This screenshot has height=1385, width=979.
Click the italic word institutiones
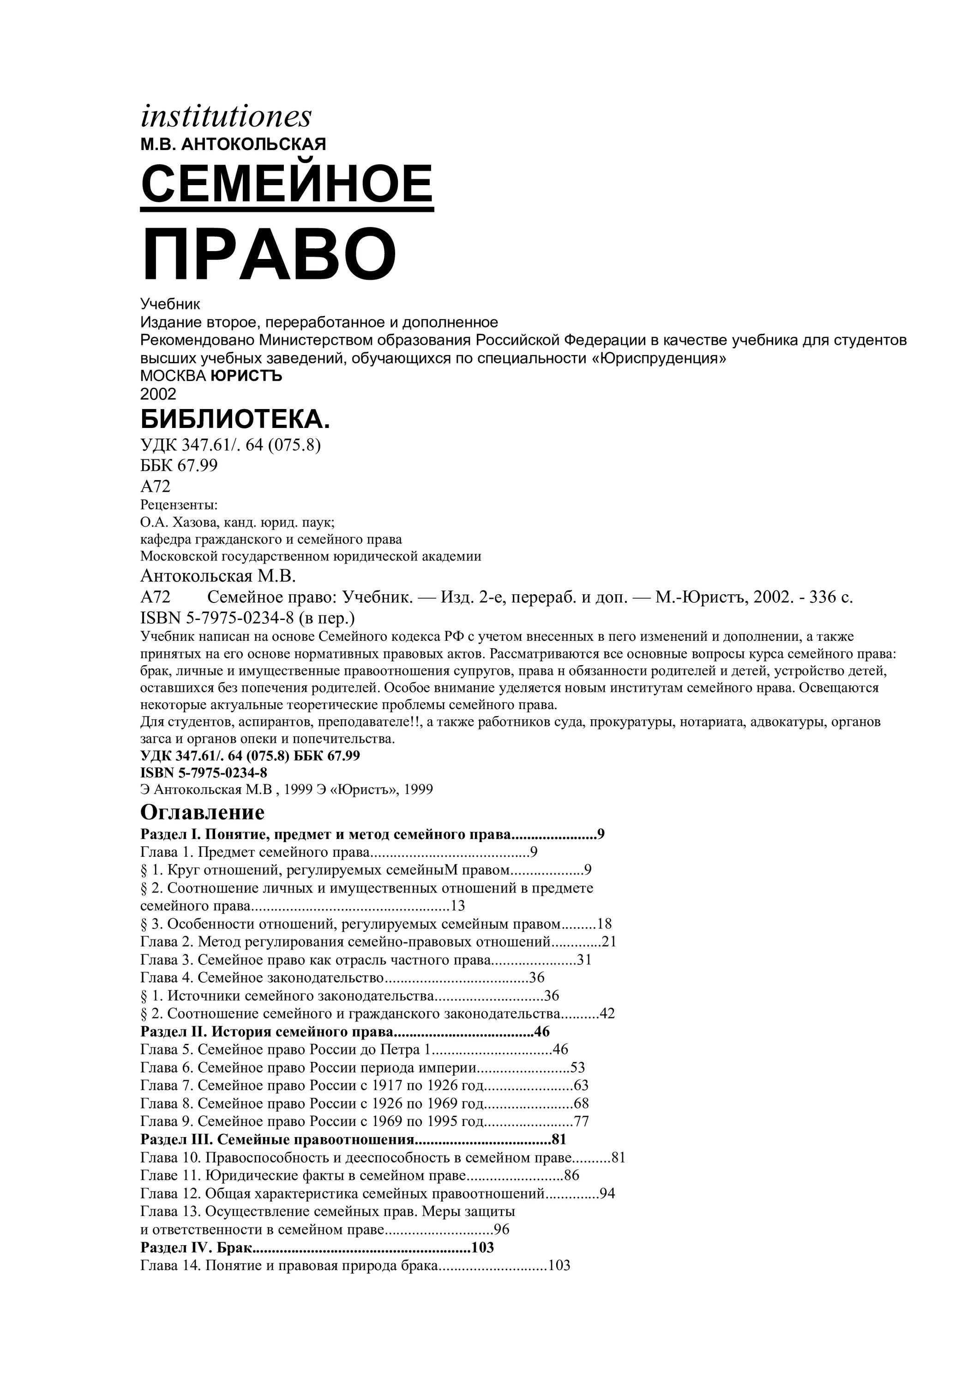pyautogui.click(x=226, y=116)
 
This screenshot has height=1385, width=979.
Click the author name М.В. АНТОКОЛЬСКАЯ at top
pyautogui.click(x=233, y=144)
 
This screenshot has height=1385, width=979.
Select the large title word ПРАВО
pyautogui.click(x=269, y=254)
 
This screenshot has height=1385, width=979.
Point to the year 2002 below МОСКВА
pyautogui.click(x=158, y=394)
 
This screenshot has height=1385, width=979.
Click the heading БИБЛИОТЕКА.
pyautogui.click(x=235, y=419)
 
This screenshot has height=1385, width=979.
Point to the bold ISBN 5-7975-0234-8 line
pyautogui.click(x=204, y=773)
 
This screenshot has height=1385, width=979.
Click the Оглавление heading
pyautogui.click(x=202, y=812)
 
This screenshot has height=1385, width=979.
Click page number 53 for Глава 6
pyautogui.click(x=577, y=1068)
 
